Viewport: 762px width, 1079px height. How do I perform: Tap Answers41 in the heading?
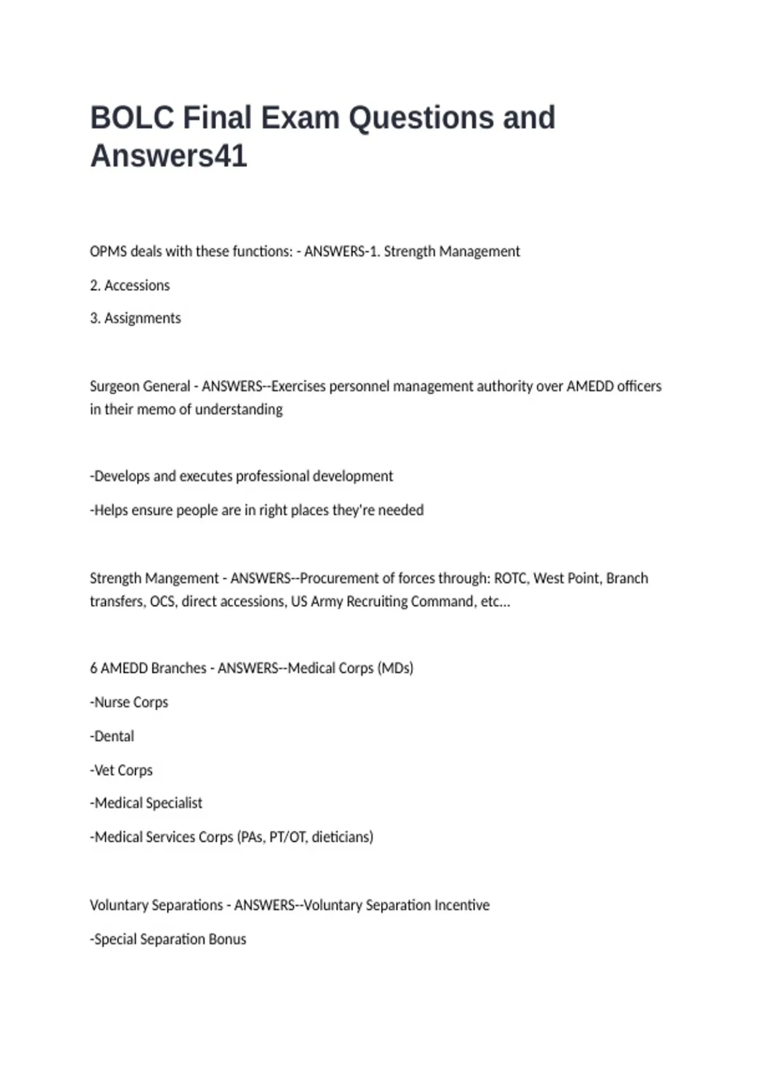pos(168,156)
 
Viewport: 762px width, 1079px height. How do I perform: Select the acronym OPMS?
pos(108,251)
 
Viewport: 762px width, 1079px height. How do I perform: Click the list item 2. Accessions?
pos(130,286)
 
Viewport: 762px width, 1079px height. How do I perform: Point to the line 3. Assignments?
pos(135,318)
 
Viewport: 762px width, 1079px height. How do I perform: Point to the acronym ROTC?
pos(510,578)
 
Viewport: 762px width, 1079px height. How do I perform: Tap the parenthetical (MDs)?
pos(395,668)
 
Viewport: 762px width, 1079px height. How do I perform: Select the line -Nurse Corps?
pos(129,703)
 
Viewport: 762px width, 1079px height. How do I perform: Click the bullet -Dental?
pos(112,736)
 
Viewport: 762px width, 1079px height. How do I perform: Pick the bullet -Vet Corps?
pos(121,771)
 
